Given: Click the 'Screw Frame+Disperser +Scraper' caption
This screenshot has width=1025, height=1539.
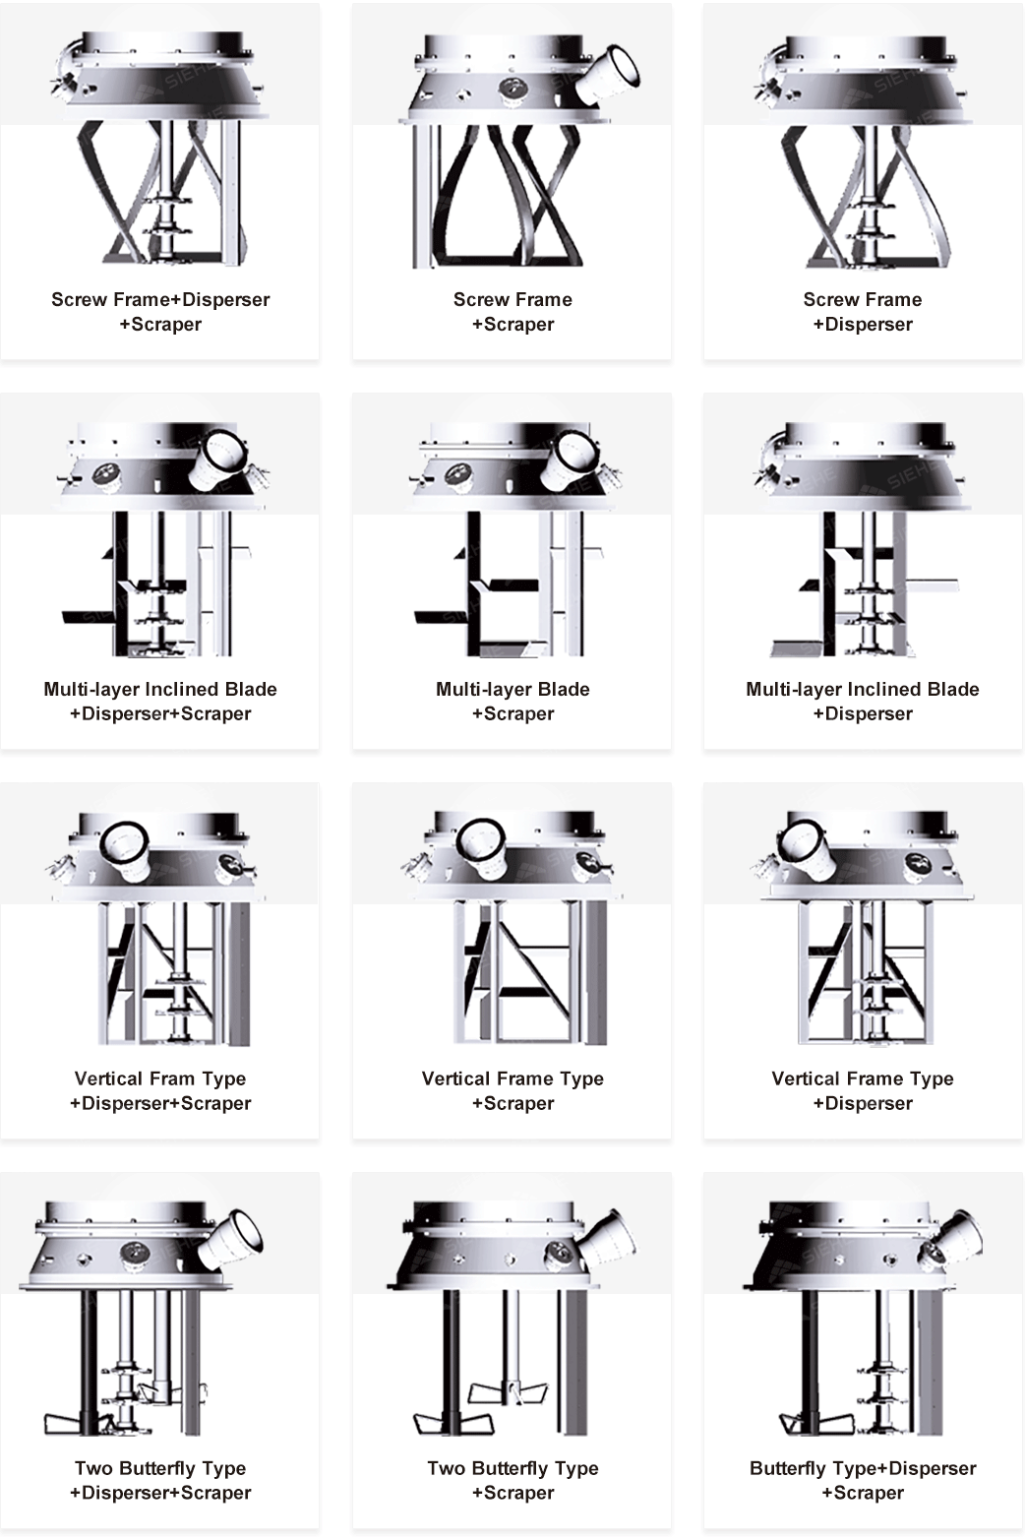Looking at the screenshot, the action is (x=160, y=312).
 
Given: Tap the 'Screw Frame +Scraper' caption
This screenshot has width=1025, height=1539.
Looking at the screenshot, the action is (x=512, y=312).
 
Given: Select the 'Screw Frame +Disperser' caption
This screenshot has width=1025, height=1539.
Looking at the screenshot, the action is (x=863, y=312).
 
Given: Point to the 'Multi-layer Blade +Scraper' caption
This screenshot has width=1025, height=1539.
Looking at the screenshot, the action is (x=512, y=702).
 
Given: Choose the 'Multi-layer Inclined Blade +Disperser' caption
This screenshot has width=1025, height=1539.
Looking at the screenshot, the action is (x=863, y=702).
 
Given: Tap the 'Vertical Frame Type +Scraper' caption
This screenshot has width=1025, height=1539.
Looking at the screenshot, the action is (x=512, y=1091).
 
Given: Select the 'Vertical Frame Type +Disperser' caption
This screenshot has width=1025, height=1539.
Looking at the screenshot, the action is (x=863, y=1091).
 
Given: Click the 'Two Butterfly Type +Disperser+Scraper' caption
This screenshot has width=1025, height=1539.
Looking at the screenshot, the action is (x=160, y=1481).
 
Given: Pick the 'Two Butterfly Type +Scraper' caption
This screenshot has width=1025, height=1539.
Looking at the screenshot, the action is (x=512, y=1481).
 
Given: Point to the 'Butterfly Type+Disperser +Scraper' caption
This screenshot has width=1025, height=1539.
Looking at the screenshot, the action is (x=863, y=1481).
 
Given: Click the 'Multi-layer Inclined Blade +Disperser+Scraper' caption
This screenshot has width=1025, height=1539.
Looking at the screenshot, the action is (x=160, y=702).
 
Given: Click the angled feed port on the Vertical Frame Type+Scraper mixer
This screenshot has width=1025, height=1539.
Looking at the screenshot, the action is (x=481, y=849).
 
